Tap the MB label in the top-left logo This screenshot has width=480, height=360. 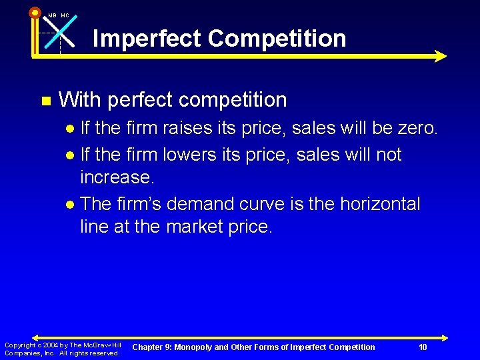[52, 15]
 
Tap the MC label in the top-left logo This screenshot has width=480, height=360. [65, 15]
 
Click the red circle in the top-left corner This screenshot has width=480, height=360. [35, 12]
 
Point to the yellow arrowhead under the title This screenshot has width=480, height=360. [440, 57]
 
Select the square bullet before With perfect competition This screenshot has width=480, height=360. [45, 101]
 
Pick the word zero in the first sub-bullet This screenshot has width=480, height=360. [416, 128]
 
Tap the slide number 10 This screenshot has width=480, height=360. [423, 347]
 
